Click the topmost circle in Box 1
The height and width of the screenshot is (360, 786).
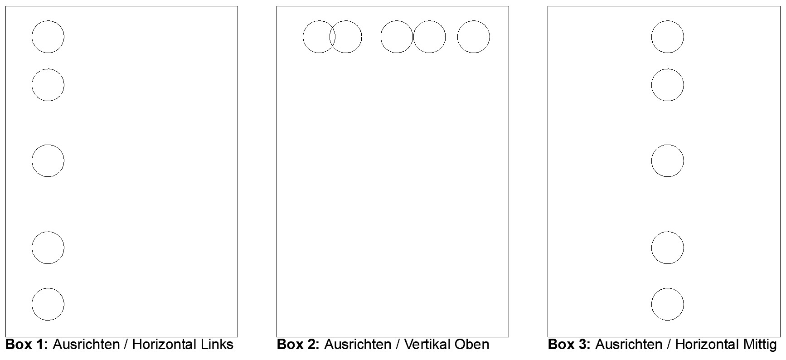pyautogui.click(x=32, y=37)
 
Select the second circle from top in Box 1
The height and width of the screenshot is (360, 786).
pyautogui.click(x=32, y=85)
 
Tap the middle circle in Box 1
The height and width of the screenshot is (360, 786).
pyautogui.click(x=32, y=161)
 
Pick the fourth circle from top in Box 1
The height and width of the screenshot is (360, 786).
pyautogui.click(x=32, y=248)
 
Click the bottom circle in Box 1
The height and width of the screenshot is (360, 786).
pyautogui.click(x=32, y=304)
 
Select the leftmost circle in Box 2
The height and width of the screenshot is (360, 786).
pyautogui.click(x=303, y=37)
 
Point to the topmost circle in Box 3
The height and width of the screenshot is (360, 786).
pyautogui.click(x=652, y=37)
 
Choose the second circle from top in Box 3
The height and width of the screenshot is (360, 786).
pyautogui.click(x=652, y=85)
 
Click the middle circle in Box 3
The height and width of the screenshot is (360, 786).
pyautogui.click(x=652, y=161)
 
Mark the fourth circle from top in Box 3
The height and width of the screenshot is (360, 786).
pyautogui.click(x=652, y=248)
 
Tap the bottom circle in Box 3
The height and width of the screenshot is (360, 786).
pyautogui.click(x=652, y=304)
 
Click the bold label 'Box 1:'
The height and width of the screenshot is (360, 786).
pyautogui.click(x=27, y=345)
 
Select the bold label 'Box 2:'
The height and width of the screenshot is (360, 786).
pyautogui.click(x=298, y=345)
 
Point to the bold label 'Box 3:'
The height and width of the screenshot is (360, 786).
pyautogui.click(x=569, y=345)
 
